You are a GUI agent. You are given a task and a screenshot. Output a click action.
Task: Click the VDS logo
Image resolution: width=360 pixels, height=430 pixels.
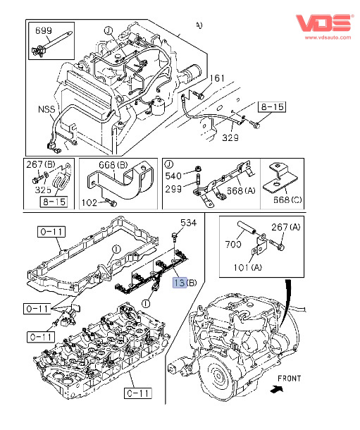click(x=324, y=23)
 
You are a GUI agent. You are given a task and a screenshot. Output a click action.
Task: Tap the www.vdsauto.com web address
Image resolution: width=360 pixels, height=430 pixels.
click(x=328, y=37)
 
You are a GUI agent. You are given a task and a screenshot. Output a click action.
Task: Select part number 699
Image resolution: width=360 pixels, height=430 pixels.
click(x=44, y=30)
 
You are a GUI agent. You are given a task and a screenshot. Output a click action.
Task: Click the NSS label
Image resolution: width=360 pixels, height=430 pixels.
click(x=46, y=109)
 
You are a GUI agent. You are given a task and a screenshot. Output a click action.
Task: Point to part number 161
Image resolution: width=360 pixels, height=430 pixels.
click(x=217, y=78)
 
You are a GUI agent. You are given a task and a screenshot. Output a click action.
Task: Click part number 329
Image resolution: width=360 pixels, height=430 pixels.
click(x=230, y=137)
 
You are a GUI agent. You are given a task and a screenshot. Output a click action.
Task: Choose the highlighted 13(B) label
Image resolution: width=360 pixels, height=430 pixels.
click(x=185, y=283)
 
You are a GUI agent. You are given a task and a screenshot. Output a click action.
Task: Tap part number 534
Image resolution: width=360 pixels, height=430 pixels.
click(x=189, y=223)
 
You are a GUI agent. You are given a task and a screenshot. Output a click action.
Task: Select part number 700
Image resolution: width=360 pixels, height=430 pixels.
click(x=233, y=244)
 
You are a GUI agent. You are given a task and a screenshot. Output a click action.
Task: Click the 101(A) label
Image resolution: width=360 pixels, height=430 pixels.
click(x=248, y=267)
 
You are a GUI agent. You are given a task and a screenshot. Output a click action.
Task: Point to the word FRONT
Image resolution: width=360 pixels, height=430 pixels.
click(x=290, y=379)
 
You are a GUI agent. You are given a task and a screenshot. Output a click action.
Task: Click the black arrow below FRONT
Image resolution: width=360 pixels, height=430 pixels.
click(x=276, y=389)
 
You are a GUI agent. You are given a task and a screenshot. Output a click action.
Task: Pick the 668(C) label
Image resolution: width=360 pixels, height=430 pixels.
click(x=287, y=199)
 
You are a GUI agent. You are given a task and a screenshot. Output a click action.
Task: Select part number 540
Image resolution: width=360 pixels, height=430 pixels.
click(x=173, y=176)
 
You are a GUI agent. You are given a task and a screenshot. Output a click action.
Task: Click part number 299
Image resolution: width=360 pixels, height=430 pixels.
click(x=173, y=189)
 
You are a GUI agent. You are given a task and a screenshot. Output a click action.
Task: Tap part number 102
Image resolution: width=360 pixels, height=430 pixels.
click(x=89, y=202)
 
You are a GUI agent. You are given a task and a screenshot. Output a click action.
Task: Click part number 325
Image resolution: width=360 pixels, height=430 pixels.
click(x=43, y=190)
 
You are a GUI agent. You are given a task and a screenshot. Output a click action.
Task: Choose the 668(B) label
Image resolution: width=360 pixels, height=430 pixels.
click(x=113, y=165)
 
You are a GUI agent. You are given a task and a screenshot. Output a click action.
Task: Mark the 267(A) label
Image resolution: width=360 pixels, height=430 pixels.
click(x=286, y=227)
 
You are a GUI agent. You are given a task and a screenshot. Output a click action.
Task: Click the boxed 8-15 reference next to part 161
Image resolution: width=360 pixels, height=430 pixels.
click(x=272, y=106)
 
